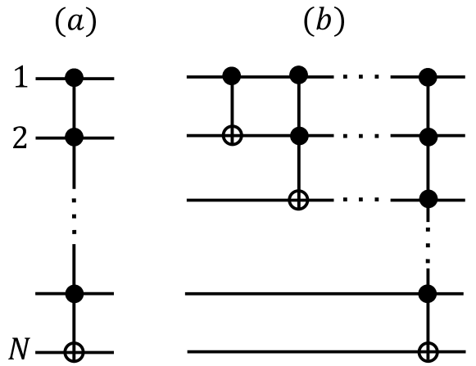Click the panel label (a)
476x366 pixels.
(x=74, y=22)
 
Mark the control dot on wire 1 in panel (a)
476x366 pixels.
(x=75, y=79)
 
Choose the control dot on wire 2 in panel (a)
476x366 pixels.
(x=75, y=135)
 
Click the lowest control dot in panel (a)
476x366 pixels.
(x=75, y=292)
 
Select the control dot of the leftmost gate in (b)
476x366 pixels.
(x=233, y=78)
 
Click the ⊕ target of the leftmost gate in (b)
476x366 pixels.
(x=233, y=136)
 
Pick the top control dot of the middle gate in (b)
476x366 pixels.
(x=299, y=78)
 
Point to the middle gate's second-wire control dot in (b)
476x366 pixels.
(x=299, y=135)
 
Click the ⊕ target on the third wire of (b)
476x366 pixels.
(x=299, y=198)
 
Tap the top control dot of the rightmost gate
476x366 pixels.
(x=425, y=78)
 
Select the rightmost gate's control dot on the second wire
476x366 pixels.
(x=425, y=135)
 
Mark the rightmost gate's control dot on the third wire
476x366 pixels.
(x=425, y=198)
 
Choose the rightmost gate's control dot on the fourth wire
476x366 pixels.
(x=425, y=292)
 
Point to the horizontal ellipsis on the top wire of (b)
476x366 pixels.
(x=360, y=79)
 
